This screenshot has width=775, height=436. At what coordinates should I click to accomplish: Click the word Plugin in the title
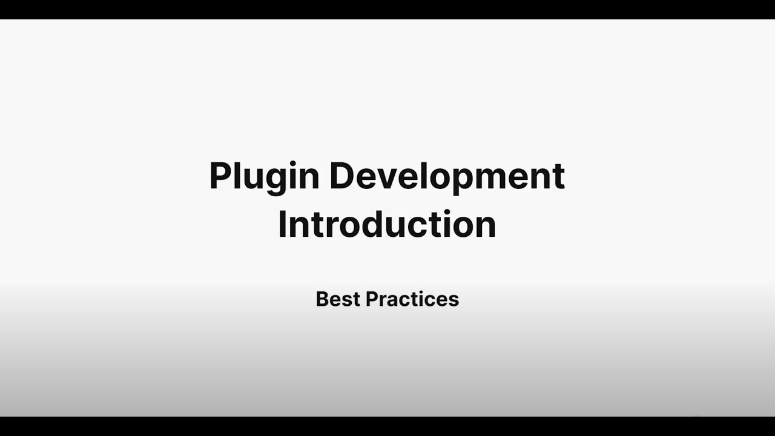[264, 176]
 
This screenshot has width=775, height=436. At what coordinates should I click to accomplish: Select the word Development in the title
[447, 176]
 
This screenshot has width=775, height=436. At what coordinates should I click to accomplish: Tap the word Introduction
[387, 225]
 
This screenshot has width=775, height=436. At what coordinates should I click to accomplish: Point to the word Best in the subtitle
[338, 299]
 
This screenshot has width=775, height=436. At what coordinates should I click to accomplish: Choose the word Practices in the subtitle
[412, 299]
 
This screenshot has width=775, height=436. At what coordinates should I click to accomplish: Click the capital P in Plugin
[220, 176]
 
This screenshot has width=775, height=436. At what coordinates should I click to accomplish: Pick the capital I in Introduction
[282, 225]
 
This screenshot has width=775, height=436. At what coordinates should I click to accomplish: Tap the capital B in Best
[322, 299]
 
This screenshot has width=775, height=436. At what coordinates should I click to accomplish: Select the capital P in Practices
[372, 299]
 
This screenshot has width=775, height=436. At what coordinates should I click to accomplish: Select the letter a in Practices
[394, 301]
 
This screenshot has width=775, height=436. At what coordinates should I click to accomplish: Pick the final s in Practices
[453, 301]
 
